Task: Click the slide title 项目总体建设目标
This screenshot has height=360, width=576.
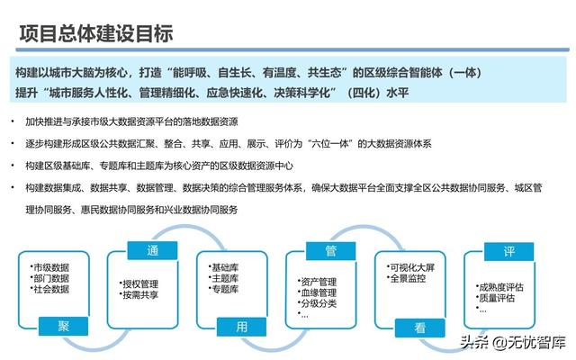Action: [96, 34]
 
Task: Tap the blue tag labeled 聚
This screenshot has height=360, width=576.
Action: [63, 326]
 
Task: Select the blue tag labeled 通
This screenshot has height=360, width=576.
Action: [152, 250]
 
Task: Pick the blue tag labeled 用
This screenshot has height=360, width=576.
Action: [241, 327]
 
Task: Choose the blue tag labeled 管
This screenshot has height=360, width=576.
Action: [330, 251]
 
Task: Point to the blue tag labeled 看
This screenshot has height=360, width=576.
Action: [420, 328]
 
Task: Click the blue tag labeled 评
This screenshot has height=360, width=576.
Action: [508, 252]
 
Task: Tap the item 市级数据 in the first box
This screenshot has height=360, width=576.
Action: [51, 267]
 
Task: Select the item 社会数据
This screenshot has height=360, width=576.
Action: [51, 289]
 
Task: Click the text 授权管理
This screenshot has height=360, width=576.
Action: [140, 284]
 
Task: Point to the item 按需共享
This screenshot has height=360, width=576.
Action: [140, 295]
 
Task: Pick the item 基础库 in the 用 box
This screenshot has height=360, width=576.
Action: [225, 267]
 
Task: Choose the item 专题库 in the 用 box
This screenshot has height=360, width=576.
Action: [225, 289]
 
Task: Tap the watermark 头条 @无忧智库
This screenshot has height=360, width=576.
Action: [513, 342]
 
